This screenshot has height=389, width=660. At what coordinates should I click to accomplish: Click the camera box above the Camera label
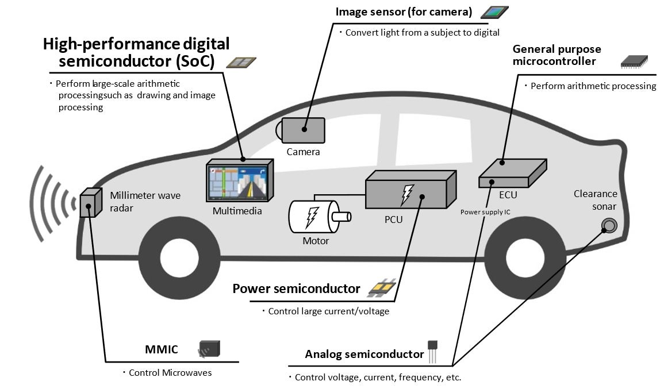[x=303, y=130]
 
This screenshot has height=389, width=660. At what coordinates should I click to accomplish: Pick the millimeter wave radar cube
[x=88, y=202]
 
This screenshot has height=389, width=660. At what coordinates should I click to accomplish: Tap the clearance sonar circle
[x=608, y=225]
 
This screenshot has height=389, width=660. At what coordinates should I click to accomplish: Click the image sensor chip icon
[x=494, y=12]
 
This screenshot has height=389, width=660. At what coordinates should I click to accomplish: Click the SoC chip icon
[x=241, y=62]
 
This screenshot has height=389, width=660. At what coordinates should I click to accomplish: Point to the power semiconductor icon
[x=382, y=287]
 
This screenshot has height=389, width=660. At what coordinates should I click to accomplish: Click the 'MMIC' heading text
[x=162, y=350]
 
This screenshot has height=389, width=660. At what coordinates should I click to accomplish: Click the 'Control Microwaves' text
[x=170, y=373]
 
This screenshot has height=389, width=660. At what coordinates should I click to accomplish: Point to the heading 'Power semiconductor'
[x=296, y=288]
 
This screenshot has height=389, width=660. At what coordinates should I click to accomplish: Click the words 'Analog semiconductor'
[x=364, y=355]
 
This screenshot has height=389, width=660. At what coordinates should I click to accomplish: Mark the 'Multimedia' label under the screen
[x=237, y=211]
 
